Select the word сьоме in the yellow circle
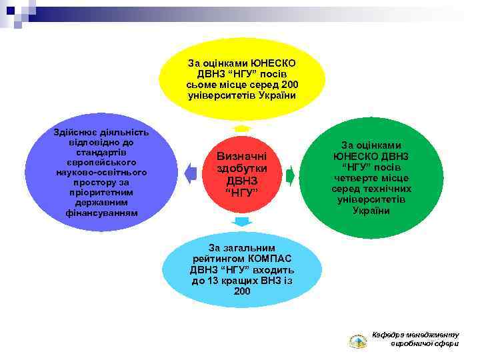[x=203, y=85]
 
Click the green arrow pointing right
[x=290, y=176]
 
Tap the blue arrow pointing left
[x=191, y=175]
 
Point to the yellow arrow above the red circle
[x=241, y=127]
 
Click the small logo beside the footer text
[x=358, y=341]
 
